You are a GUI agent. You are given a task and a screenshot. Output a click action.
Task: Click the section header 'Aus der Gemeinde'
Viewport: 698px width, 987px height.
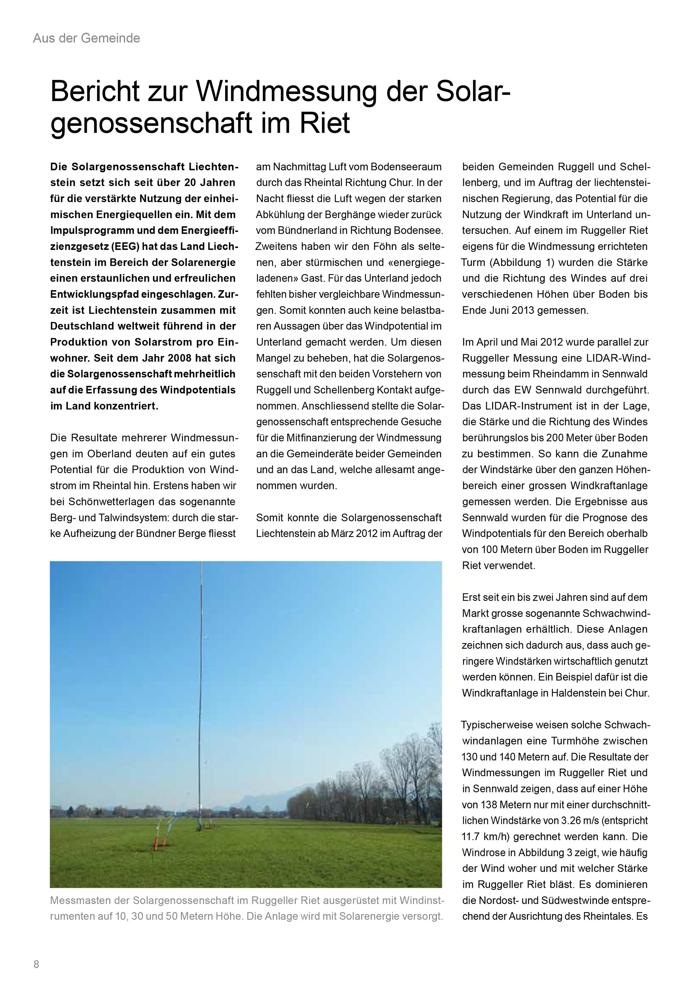coord(87,38)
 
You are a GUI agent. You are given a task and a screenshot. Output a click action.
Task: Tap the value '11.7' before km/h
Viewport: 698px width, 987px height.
coord(472,836)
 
